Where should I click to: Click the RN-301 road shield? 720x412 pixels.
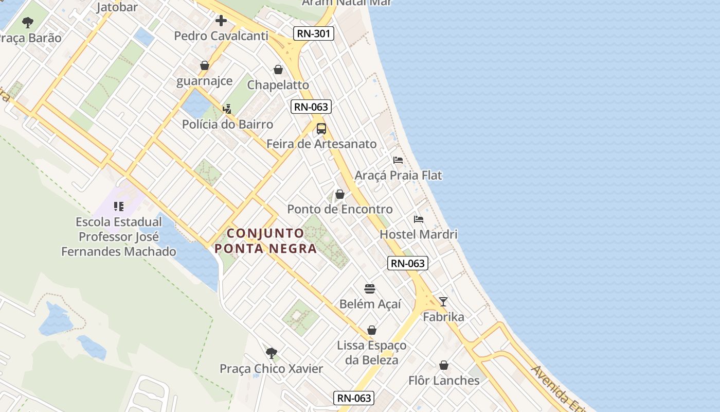[314, 34]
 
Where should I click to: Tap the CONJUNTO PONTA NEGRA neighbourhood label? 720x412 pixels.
[265, 241]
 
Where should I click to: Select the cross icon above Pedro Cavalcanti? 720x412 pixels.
[221, 21]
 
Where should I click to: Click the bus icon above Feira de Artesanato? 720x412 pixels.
[321, 129]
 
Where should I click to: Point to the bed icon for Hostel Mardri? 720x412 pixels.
[419, 219]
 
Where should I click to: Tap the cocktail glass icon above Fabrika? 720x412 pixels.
[443, 302]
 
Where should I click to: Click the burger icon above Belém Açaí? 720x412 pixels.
[370, 288]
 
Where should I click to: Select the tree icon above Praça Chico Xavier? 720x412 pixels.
[272, 353]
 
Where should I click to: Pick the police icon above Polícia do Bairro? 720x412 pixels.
[227, 109]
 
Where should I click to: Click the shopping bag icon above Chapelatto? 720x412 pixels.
[278, 70]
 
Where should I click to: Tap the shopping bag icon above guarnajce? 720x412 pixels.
[205, 66]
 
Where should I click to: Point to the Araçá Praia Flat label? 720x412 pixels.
[398, 175]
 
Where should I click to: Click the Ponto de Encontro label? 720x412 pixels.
[340, 209]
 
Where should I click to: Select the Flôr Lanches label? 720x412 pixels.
[444, 381]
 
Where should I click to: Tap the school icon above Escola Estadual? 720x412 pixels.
[119, 207]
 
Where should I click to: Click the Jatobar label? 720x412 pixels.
[117, 7]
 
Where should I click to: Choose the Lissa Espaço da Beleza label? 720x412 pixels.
[371, 353]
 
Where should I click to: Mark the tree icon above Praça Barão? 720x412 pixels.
[28, 23]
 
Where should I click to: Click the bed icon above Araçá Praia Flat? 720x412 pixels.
[398, 160]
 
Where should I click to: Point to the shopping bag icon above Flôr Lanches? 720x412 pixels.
[444, 366]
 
